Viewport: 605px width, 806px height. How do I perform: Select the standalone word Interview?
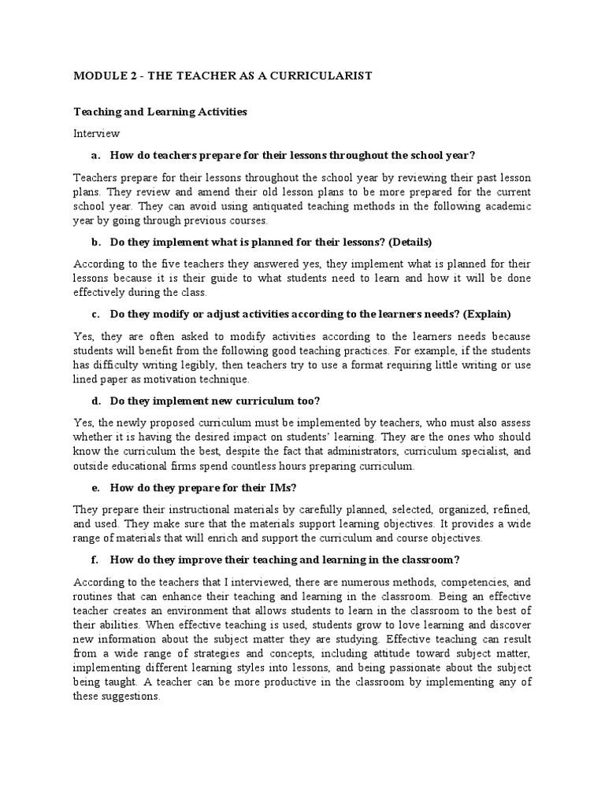tap(96, 133)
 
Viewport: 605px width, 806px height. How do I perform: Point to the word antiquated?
tap(243, 206)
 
